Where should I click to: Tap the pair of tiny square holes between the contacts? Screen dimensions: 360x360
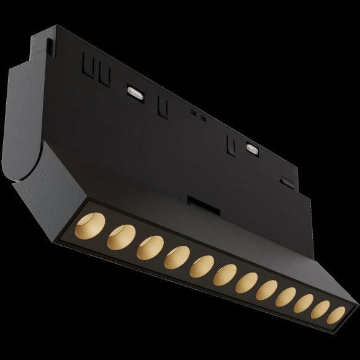197,114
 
